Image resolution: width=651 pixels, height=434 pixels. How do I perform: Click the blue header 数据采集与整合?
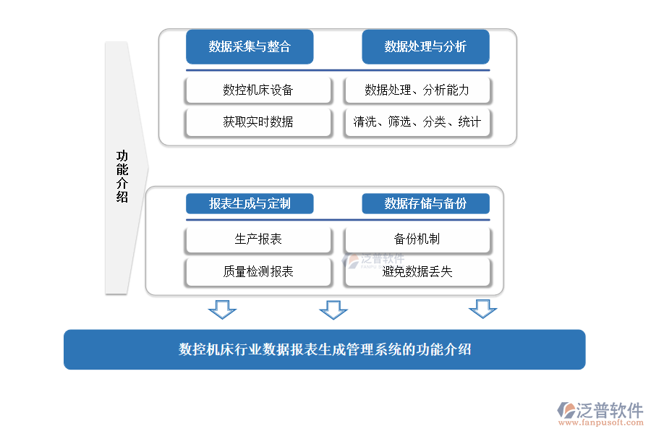point(250,47)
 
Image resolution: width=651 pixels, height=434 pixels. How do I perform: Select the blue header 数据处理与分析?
point(425,47)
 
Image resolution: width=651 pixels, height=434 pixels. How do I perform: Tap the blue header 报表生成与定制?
point(250,203)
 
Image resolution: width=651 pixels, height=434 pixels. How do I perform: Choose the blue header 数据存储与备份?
point(425,203)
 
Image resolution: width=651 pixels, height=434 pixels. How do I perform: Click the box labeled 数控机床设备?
point(258,90)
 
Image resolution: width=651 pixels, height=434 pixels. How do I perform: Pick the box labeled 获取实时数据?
point(258,122)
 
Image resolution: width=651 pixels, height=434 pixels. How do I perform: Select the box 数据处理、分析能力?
point(417,90)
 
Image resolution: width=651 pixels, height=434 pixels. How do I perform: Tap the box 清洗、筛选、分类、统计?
point(417,122)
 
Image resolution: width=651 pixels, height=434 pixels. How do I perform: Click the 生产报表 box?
point(258,239)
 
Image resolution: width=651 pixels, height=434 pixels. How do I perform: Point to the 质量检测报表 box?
point(258,272)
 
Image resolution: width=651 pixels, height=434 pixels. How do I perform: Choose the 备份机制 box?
point(417,239)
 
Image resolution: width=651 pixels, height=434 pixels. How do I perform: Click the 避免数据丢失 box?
point(417,272)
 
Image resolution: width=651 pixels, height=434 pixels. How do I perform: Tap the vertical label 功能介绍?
point(122,176)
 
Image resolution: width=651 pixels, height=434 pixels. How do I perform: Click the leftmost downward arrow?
point(222,310)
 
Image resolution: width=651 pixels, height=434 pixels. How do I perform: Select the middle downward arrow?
point(333,310)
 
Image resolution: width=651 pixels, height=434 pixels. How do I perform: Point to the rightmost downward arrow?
point(482,310)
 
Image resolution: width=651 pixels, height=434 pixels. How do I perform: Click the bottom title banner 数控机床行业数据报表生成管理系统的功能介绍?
point(324,349)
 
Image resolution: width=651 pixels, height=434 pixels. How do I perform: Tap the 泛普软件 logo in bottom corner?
point(600,410)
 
